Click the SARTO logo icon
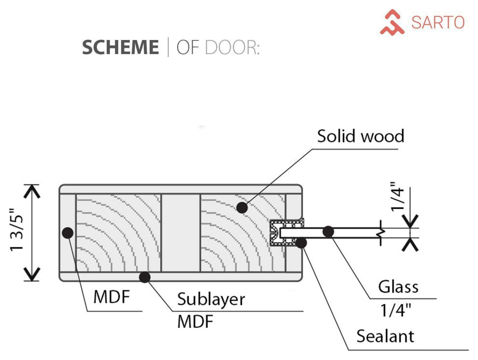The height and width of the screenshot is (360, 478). (x=392, y=23)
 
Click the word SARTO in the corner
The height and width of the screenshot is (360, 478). (x=437, y=22)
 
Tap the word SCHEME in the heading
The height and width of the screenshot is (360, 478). (x=120, y=48)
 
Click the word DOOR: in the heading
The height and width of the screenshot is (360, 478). (x=232, y=48)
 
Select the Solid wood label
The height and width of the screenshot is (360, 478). (x=360, y=137)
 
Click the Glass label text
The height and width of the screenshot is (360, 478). (x=398, y=287)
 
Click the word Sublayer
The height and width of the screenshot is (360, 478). (x=211, y=299)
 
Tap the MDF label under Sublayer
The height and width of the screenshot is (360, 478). (x=195, y=321)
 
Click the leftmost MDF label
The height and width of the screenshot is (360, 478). (x=112, y=297)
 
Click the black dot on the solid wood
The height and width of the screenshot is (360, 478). (x=242, y=208)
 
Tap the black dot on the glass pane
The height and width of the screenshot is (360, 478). (x=328, y=231)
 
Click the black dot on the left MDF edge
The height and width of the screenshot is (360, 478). (x=68, y=233)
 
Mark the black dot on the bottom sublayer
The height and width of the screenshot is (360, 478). (x=143, y=277)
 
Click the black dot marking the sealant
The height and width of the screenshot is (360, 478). (x=301, y=242)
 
